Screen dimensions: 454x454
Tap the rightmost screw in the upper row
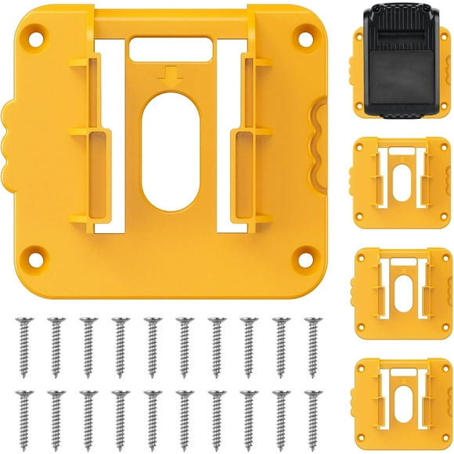pos(313,344)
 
